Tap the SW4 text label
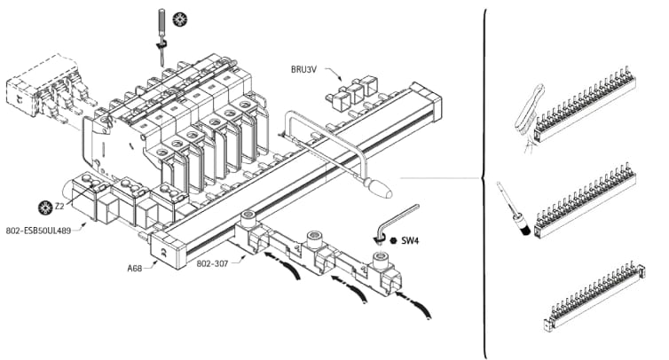coord(410,240)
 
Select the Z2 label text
coord(59,207)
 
